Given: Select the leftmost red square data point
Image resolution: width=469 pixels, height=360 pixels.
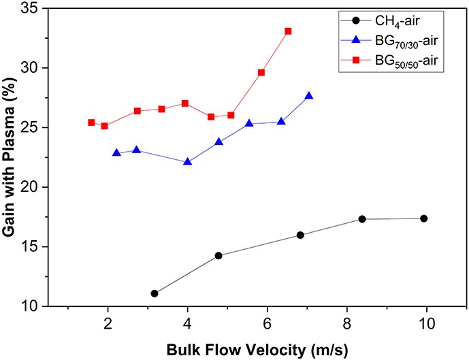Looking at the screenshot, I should [x=91, y=122].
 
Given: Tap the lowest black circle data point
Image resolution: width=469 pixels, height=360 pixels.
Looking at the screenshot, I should [x=155, y=293].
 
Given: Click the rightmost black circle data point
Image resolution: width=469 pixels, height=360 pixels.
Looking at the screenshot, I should [x=424, y=218].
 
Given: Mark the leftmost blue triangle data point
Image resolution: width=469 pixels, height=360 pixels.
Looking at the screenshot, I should [x=116, y=152].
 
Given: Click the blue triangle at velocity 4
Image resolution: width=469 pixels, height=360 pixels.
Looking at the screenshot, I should [x=188, y=162].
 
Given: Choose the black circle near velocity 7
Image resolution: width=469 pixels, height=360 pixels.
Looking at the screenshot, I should [x=300, y=235].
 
